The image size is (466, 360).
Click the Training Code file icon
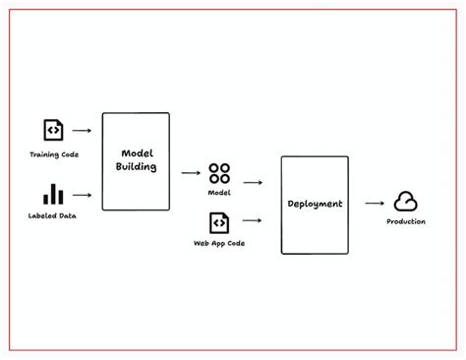pyautogui.click(x=53, y=130)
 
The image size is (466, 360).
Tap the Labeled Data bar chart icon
pyautogui.click(x=53, y=194)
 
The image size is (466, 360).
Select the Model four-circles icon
pyautogui.click(x=219, y=173)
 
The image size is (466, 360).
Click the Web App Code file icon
pyautogui.click(x=219, y=223)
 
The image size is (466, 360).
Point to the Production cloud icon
pyautogui.click(x=406, y=203)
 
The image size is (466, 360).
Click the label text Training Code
pyautogui.click(x=53, y=154)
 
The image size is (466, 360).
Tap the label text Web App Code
pyautogui.click(x=219, y=243)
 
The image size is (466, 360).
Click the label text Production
pyautogui.click(x=406, y=222)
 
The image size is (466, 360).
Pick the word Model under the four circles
pyautogui.click(x=219, y=193)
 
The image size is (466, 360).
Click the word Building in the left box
pyautogui.click(x=136, y=168)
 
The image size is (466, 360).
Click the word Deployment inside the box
pyautogui.click(x=315, y=204)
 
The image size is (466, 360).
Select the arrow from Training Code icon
pyautogui.click(x=83, y=130)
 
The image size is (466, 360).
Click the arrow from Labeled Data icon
pyautogui.click(x=83, y=194)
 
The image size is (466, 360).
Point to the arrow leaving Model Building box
pyautogui.click(x=190, y=173)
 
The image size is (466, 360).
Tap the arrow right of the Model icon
pyautogui.click(x=253, y=183)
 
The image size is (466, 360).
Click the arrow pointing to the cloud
pyautogui.click(x=374, y=204)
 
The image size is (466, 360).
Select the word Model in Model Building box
pyautogui.click(x=136, y=153)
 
